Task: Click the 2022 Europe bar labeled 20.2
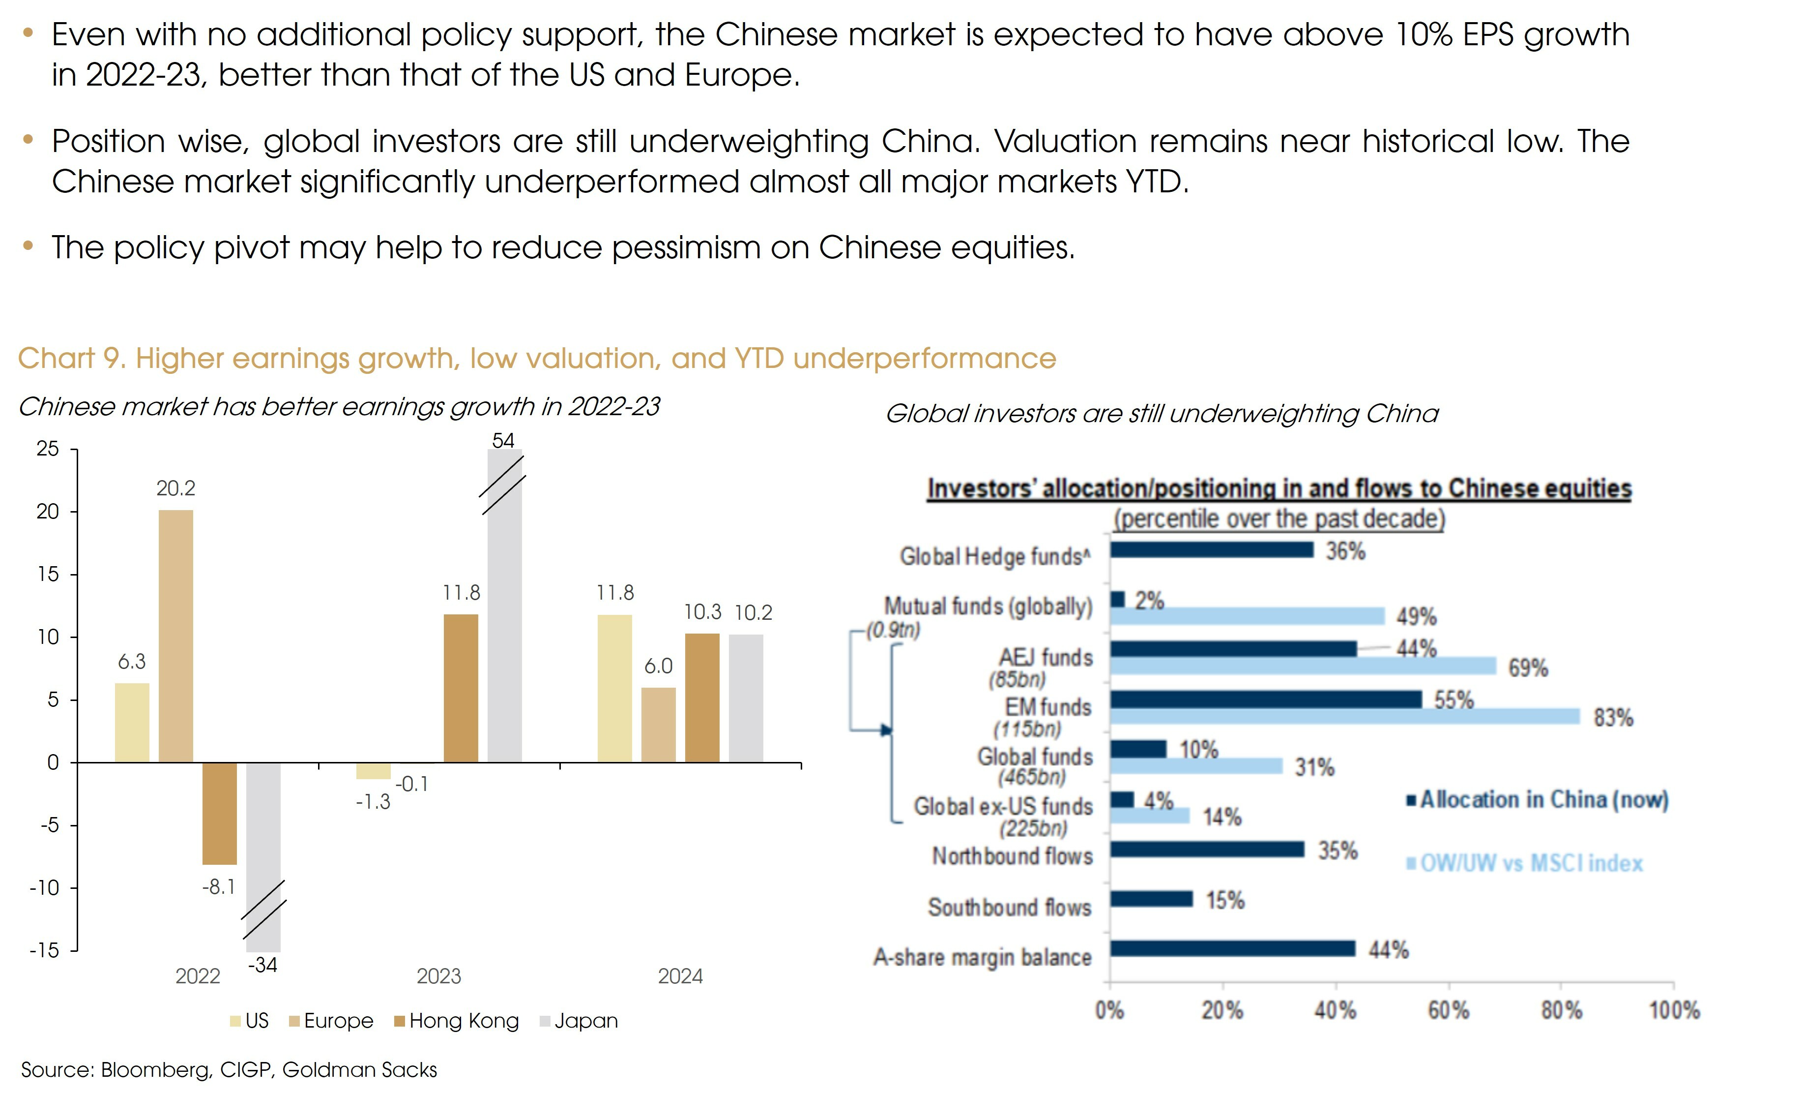tap(175, 636)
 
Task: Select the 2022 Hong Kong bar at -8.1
tap(219, 813)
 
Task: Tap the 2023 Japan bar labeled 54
tap(504, 607)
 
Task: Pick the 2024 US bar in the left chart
tap(615, 688)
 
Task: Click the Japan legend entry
tap(579, 1021)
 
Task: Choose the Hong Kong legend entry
tap(456, 1021)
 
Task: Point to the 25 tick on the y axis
tap(48, 449)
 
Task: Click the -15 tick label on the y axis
tap(44, 950)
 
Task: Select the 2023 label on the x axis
tap(438, 976)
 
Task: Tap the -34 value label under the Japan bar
tap(262, 965)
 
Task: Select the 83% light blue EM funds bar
tap(1344, 717)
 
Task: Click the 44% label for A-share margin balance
tap(1388, 950)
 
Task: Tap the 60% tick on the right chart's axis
tap(1449, 1011)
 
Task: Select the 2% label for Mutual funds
tap(1149, 601)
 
